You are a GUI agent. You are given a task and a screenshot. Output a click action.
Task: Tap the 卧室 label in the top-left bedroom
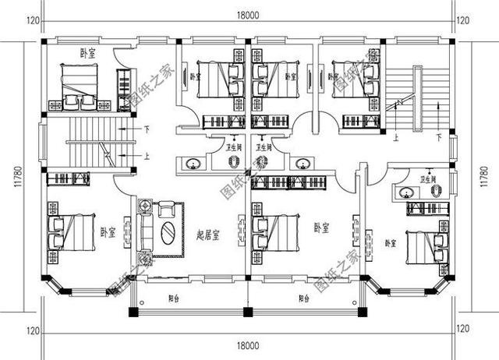[x=88, y=52]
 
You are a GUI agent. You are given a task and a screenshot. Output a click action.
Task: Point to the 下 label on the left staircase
[x=146, y=128]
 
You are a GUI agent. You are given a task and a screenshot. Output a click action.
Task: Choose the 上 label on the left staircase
[x=146, y=155]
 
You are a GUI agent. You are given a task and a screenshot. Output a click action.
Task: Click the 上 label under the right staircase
[x=396, y=138]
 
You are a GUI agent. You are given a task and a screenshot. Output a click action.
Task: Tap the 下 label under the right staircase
[x=440, y=138]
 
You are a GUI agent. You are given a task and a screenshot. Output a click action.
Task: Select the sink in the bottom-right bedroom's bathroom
[x=405, y=192]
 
